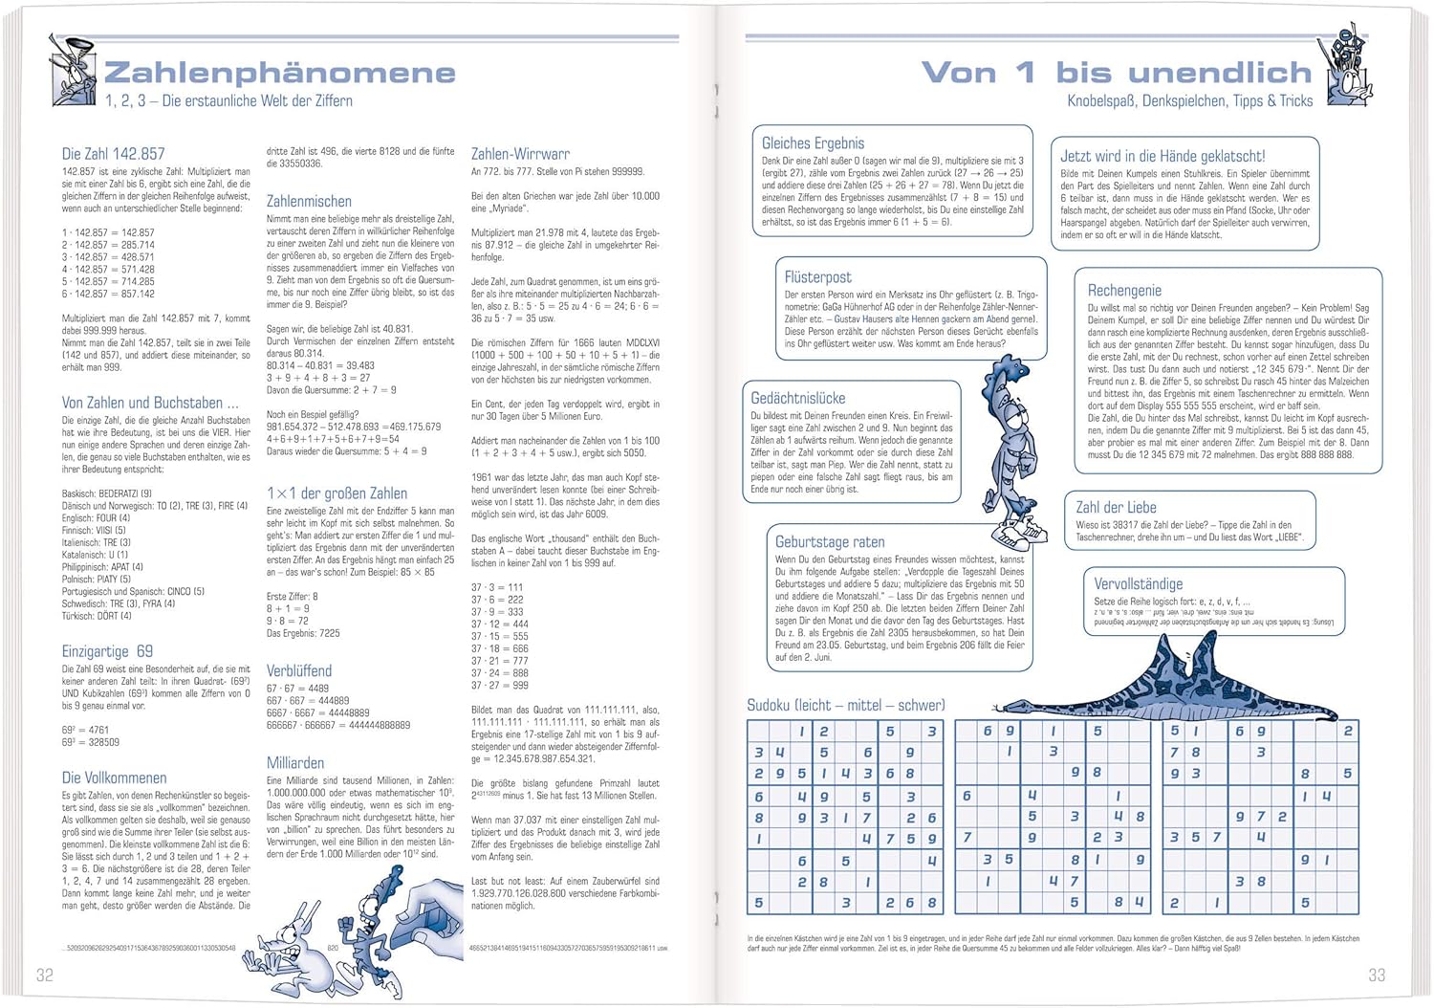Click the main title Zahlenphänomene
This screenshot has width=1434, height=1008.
coord(279,73)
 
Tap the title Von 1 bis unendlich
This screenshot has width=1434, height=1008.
coord(1116,73)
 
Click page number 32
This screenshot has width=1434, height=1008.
coord(45,975)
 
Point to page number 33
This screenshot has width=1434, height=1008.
coord(1376,975)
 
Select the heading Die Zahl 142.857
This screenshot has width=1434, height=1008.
coord(113,154)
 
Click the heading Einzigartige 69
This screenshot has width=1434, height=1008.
coord(107,651)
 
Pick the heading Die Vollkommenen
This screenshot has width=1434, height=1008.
coord(114,778)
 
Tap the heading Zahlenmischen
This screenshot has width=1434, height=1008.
coord(309,202)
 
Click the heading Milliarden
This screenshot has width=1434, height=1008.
coord(295,763)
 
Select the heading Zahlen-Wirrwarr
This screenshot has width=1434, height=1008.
coord(520,154)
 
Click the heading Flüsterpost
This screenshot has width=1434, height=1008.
coord(817,277)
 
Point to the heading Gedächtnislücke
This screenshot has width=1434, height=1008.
coord(797,398)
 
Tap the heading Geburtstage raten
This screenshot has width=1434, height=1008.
coord(830,542)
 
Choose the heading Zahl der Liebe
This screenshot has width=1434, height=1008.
coord(1116,508)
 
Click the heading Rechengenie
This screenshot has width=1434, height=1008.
coord(1124,291)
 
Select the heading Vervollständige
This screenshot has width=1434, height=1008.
coord(1138,584)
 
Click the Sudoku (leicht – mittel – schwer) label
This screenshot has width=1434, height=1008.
coord(845,706)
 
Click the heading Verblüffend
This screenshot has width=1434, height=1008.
coord(299,671)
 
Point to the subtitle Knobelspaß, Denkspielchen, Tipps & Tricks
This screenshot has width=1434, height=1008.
coord(1189,101)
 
